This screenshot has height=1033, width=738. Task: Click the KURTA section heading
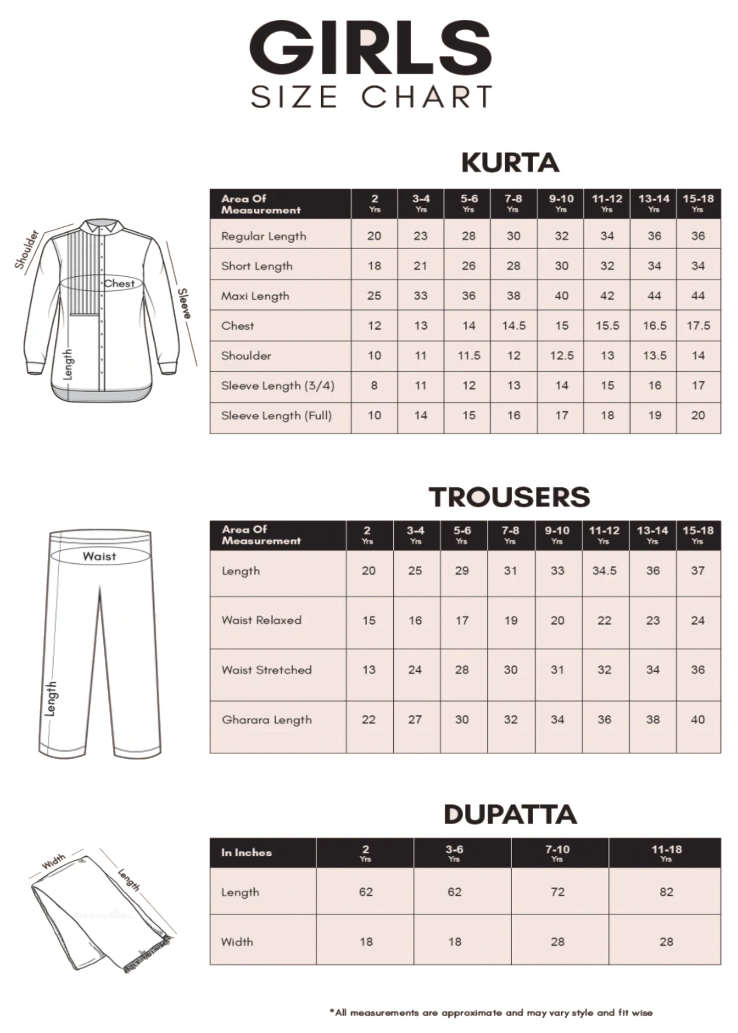pyautogui.click(x=510, y=163)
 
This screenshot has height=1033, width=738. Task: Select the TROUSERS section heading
pyautogui.click(x=509, y=497)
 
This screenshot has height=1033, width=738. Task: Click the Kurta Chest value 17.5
pyautogui.click(x=698, y=326)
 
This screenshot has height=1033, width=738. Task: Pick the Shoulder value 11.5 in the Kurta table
pyautogui.click(x=468, y=356)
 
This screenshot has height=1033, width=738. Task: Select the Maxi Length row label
pyautogui.click(x=255, y=296)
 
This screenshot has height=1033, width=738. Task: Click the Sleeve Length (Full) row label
pyautogui.click(x=276, y=416)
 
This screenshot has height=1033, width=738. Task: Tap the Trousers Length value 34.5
pyautogui.click(x=604, y=571)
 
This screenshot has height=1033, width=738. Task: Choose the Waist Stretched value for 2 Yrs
pyautogui.click(x=369, y=670)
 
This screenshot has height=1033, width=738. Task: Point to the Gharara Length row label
pyautogui.click(x=267, y=720)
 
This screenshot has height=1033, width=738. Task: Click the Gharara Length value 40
pyautogui.click(x=698, y=720)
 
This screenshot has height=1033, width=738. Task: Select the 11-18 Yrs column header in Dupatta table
pyautogui.click(x=666, y=852)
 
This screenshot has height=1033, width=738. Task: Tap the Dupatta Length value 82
pyautogui.click(x=666, y=892)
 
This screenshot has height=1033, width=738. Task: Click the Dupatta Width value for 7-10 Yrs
pyautogui.click(x=557, y=942)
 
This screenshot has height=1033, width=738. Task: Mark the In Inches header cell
pyautogui.click(x=246, y=853)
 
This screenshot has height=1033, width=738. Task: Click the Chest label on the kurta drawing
pyautogui.click(x=119, y=283)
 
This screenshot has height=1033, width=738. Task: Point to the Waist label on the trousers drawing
pyautogui.click(x=99, y=557)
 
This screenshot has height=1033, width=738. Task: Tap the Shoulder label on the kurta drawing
pyautogui.click(x=27, y=249)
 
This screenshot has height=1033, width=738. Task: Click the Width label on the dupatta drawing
pyautogui.click(x=54, y=861)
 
